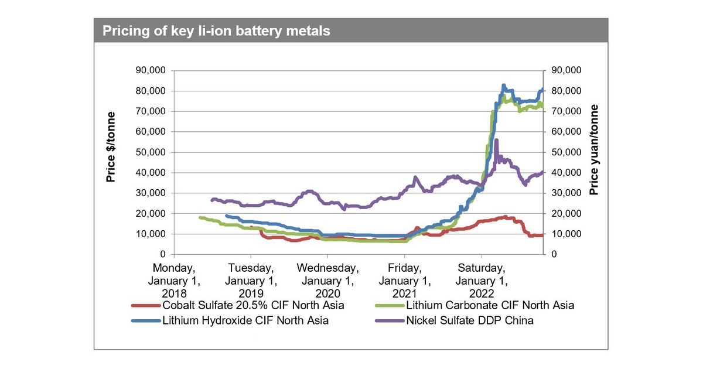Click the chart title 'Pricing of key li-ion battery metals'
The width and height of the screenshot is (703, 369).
(x=216, y=30)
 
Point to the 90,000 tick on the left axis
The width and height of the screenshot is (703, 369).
(x=151, y=71)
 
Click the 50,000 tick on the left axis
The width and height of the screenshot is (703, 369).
(x=151, y=152)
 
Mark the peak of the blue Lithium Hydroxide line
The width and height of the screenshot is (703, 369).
(x=504, y=86)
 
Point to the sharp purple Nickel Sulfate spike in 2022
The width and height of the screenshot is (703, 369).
(x=497, y=141)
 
